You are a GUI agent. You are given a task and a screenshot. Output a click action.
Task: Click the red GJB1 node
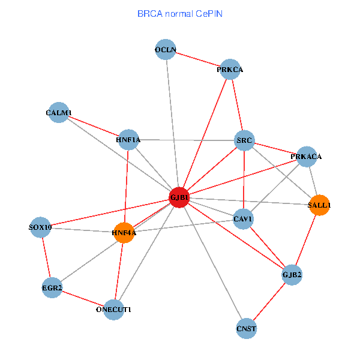coord(179,197)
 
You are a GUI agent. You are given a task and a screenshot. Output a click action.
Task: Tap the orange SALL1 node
coord(319,205)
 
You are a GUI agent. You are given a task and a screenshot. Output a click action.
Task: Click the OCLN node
coord(165,50)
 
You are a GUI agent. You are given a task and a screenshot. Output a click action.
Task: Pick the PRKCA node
coord(230,70)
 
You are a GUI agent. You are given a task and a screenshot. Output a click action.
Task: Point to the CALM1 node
coord(59,112)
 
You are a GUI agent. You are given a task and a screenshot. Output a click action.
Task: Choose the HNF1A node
coord(128,140)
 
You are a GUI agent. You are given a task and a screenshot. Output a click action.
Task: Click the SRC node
coord(245,140)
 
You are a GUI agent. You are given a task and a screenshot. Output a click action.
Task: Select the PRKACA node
coord(307,157)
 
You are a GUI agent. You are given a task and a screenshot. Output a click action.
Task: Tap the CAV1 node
coord(243,219)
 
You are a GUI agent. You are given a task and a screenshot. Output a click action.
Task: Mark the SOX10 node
coord(41,227)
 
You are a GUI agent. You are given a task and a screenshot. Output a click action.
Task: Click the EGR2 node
coord(52,288)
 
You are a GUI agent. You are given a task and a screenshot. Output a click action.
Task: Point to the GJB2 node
coord(292,275)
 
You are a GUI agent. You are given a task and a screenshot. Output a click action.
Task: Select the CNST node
coord(247,328)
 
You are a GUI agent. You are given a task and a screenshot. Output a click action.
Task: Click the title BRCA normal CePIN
coord(180,14)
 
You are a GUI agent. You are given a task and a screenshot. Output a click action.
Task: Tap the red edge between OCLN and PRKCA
coord(198,60)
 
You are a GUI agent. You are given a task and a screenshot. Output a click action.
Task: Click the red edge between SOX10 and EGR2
coord(46,258)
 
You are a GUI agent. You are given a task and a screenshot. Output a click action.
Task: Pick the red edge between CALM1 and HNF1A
coord(94,126)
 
